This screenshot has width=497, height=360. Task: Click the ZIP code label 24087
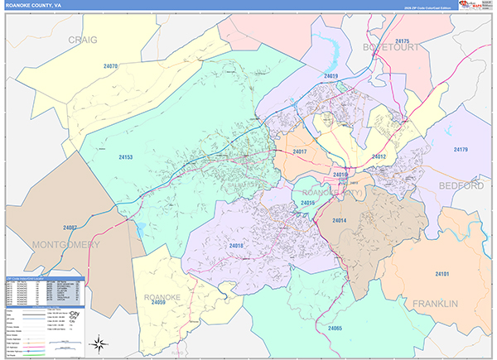(x=69, y=227)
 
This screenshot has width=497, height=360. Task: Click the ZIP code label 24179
(x=461, y=150)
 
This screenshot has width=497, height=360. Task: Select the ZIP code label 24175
(x=403, y=41)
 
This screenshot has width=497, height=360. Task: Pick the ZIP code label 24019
(x=331, y=76)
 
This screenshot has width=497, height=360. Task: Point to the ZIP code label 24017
(x=300, y=151)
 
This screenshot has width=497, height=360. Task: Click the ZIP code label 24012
(x=379, y=156)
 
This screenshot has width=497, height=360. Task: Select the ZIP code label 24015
(x=308, y=203)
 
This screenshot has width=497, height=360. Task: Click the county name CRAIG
(x=83, y=39)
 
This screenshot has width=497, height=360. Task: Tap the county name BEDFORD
(x=461, y=185)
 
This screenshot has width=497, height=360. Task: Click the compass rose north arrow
(x=99, y=342)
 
